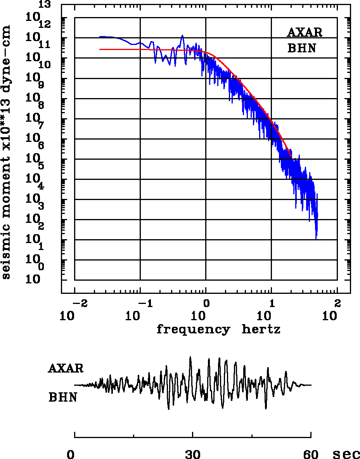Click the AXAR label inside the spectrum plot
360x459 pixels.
click(305, 33)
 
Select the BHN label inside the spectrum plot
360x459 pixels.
click(301, 48)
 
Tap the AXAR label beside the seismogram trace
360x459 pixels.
click(66, 368)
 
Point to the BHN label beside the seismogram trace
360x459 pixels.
click(62, 397)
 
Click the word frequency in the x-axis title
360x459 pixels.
click(193, 330)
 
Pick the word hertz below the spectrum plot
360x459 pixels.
click(261, 330)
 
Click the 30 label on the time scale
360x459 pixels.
click(193, 454)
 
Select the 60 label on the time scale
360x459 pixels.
click(311, 454)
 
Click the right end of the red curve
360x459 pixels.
click(291, 157)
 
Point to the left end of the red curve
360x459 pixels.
click(100, 49)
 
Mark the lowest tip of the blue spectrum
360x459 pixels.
click(316, 239)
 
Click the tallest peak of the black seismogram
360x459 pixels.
click(190, 357)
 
